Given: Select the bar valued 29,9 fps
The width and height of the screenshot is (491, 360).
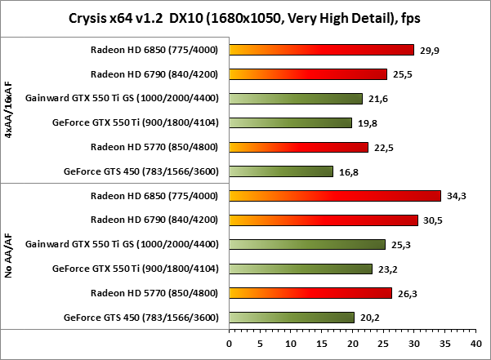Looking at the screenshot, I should (x=322, y=50).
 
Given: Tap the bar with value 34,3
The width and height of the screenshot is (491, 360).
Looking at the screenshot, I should (x=335, y=196).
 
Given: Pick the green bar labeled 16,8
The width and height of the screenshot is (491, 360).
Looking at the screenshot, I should (x=281, y=171).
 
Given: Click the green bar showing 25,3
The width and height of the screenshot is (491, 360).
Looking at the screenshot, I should (x=307, y=244).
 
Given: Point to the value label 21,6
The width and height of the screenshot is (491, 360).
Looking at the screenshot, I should (x=376, y=99).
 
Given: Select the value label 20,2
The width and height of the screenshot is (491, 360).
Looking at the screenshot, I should (x=368, y=318).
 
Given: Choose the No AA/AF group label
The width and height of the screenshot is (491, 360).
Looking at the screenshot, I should (x=9, y=256).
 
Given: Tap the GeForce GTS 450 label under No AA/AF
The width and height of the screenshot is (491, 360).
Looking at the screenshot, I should (x=142, y=318).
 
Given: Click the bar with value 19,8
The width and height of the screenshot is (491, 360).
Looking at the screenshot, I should (x=291, y=123).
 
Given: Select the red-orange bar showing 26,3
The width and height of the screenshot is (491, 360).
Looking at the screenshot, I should (x=310, y=293).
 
